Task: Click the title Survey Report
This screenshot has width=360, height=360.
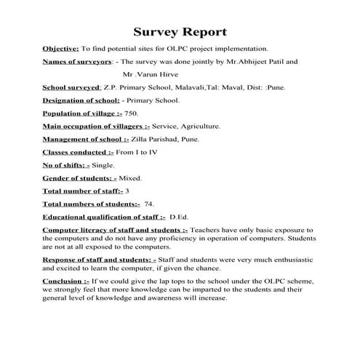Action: pos(180,32)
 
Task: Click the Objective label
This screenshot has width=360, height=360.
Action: pos(60,48)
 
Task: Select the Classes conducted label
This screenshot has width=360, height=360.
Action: pos(78,152)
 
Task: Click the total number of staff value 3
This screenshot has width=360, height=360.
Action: pos(128,191)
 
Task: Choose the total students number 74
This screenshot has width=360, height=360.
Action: pos(149,204)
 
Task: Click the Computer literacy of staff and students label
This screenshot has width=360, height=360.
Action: pos(114,230)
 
